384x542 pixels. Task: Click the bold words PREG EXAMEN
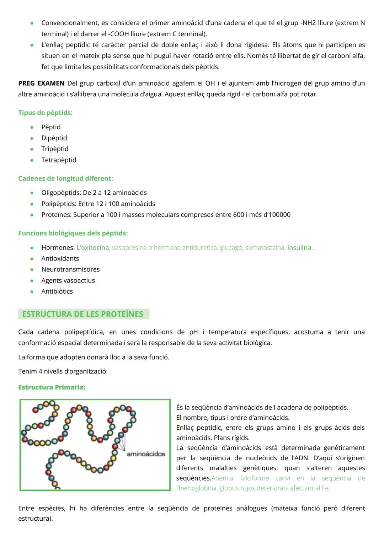(41, 83)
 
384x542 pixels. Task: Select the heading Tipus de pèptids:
(45, 113)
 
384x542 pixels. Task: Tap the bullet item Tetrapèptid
(59, 160)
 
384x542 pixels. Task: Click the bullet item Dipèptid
(54, 138)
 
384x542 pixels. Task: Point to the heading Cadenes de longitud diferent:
(65, 178)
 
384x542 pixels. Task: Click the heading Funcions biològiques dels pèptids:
(73, 233)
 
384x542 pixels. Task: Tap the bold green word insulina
(299, 247)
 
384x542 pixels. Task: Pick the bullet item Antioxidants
(60, 258)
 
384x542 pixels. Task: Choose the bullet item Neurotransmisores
(70, 269)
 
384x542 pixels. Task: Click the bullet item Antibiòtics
(57, 291)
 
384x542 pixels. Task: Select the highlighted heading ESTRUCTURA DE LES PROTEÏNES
(83, 314)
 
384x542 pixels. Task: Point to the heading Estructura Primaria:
(52, 387)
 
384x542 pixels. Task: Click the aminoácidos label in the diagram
(146, 454)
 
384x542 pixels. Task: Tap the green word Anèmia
(222, 478)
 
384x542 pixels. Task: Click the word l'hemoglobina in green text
(196, 488)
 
